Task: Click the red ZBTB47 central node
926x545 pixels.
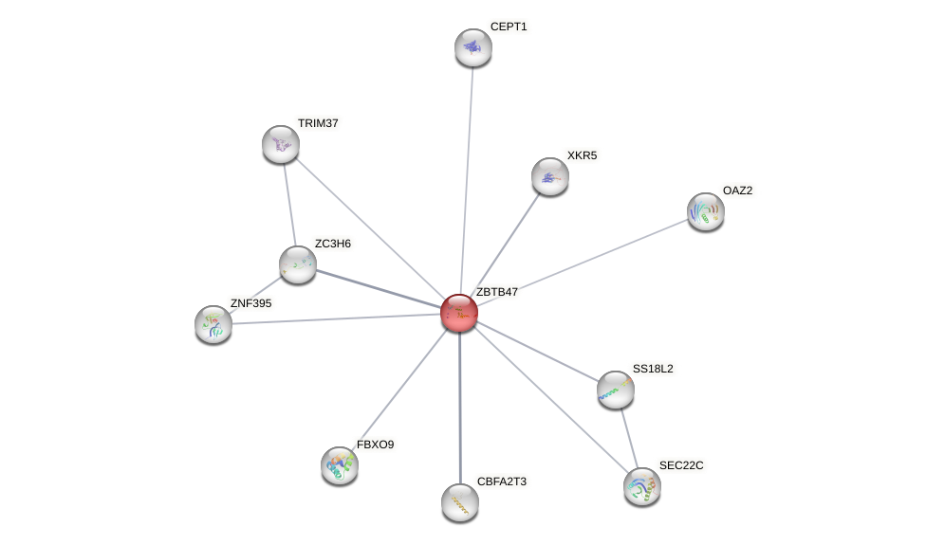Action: click(459, 313)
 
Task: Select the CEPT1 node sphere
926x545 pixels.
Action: click(472, 47)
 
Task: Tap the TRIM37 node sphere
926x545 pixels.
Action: click(281, 144)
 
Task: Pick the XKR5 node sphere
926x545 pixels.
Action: click(550, 176)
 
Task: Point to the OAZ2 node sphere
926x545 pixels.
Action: click(705, 211)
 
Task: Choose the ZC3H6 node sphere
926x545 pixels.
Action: click(298, 264)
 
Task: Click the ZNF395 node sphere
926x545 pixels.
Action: click(213, 324)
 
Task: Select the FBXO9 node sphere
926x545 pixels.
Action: click(340, 464)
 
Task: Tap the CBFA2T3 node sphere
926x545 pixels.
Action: click(460, 502)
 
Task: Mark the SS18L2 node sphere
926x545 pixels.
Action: click(616, 389)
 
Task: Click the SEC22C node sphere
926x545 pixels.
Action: click(642, 486)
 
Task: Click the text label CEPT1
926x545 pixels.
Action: click(508, 27)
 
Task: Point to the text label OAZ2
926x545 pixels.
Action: click(737, 191)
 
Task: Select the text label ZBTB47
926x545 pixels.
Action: click(496, 292)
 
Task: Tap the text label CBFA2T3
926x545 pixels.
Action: click(501, 481)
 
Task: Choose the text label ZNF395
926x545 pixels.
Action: click(250, 303)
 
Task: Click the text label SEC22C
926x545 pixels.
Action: click(681, 465)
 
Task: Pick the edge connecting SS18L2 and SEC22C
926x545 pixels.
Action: click(629, 438)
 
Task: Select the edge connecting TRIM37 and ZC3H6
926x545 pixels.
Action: click(289, 204)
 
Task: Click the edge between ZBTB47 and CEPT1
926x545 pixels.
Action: click(466, 180)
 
